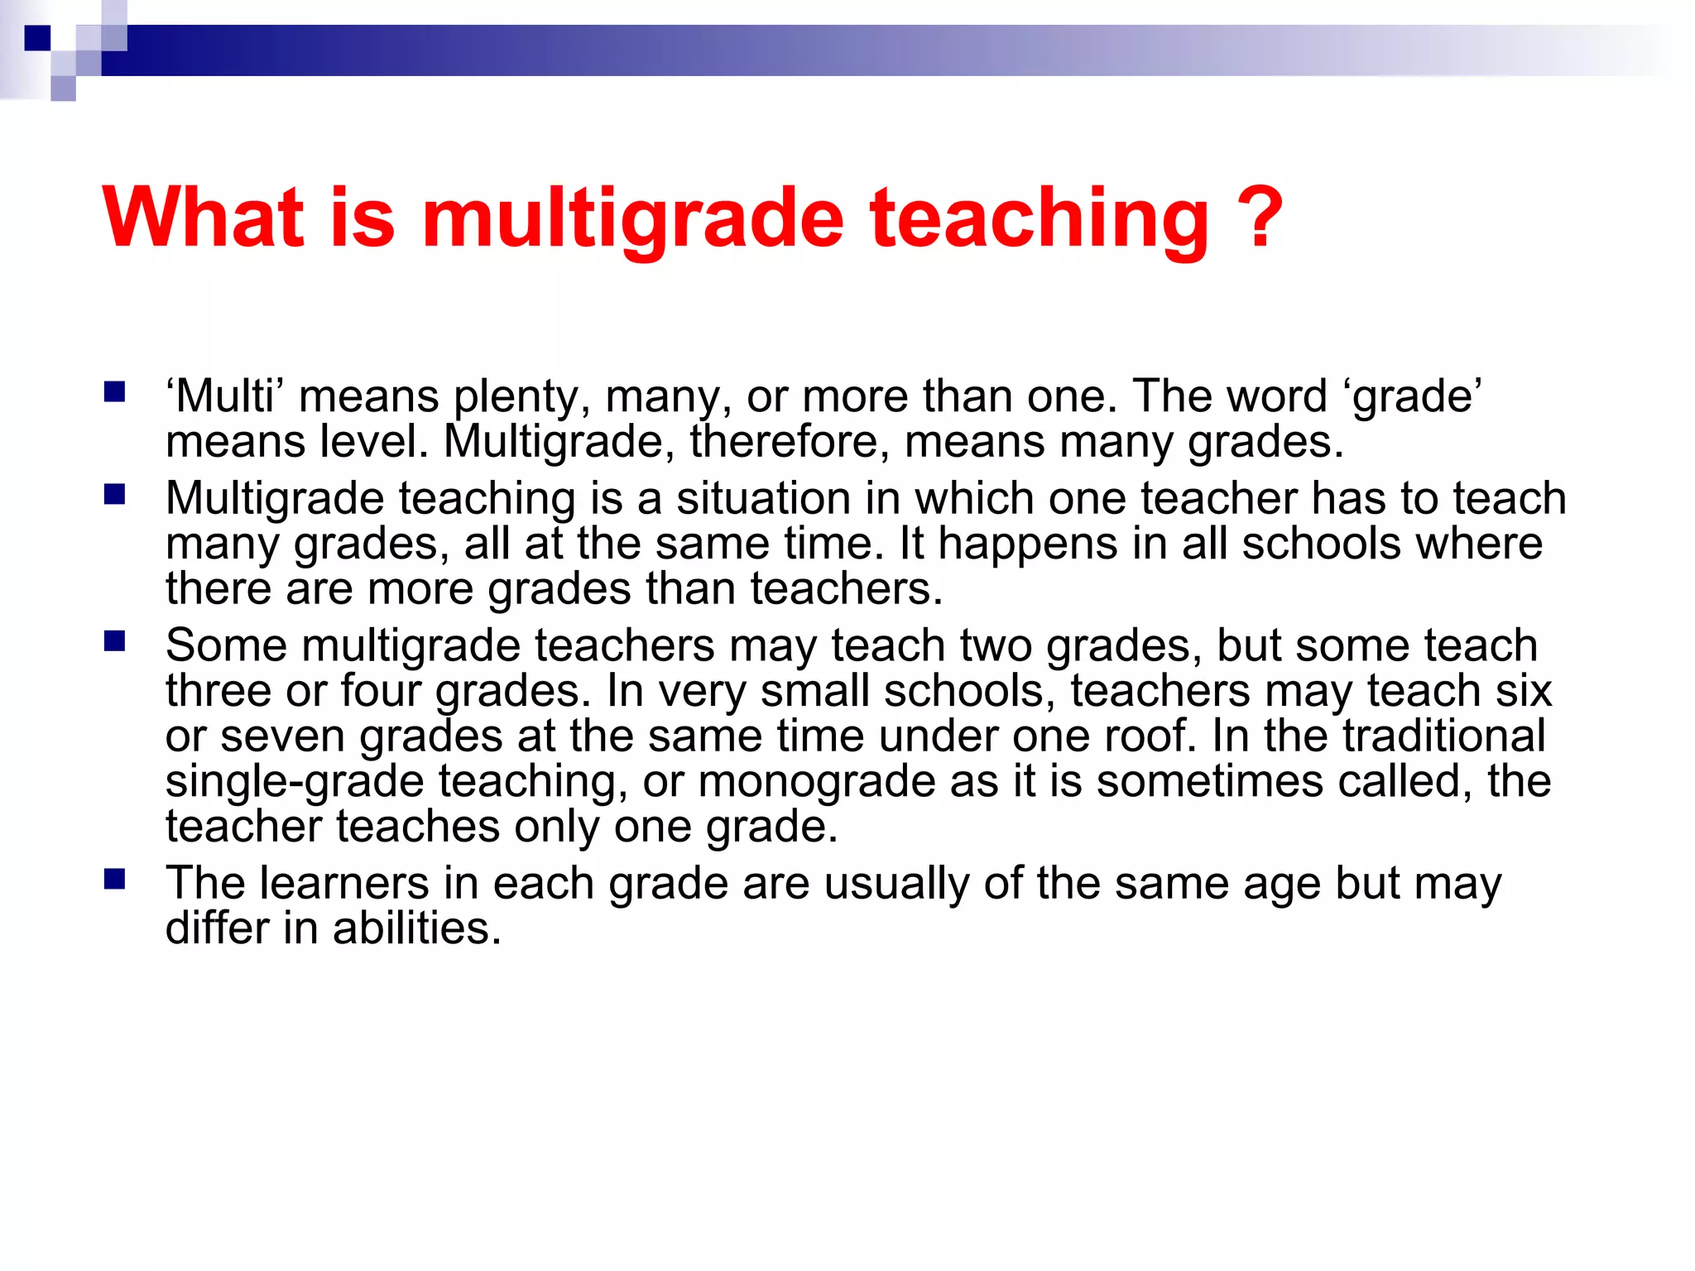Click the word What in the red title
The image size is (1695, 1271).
coord(204,217)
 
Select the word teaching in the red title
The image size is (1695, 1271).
coord(1039,218)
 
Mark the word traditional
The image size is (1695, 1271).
coord(1443,736)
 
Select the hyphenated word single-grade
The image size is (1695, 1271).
coord(295,783)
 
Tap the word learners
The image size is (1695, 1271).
coord(344,883)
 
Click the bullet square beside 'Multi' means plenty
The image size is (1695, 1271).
coord(114,391)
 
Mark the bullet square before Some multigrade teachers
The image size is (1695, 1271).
coord(114,641)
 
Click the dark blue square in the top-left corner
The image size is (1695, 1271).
coord(37,38)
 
